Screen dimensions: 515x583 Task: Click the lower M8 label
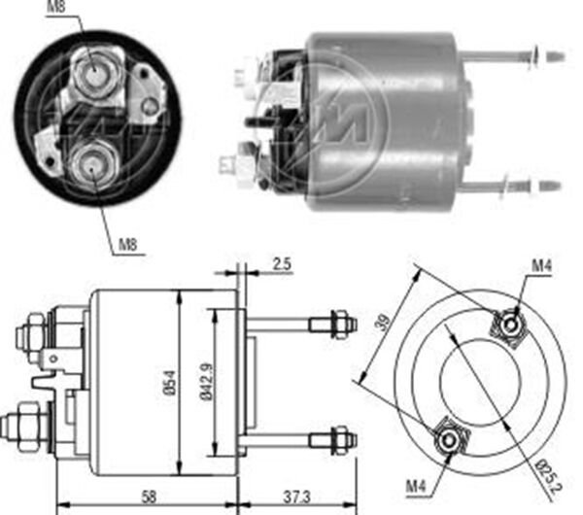click(x=126, y=244)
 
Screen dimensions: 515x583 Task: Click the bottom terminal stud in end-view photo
click(x=91, y=164)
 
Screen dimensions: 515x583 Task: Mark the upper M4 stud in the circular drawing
click(x=508, y=323)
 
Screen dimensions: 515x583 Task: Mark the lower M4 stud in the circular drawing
click(x=448, y=440)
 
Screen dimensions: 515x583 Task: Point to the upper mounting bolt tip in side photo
click(x=555, y=56)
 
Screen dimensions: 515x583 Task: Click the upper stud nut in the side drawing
click(x=336, y=323)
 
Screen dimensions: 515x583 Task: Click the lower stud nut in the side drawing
click(x=336, y=438)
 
